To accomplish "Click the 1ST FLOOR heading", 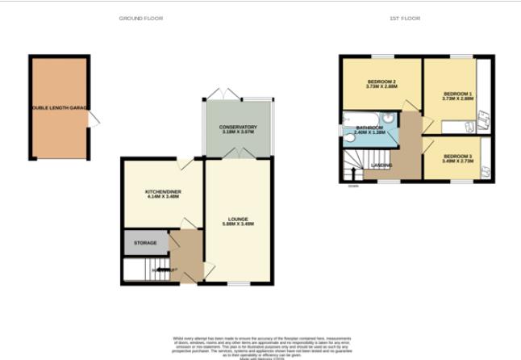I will [x=406, y=18].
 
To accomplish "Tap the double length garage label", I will [x=60, y=107].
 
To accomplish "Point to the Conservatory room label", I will [x=238, y=128].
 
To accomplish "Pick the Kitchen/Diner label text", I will [x=162, y=191].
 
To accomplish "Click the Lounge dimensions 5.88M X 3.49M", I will [x=238, y=224].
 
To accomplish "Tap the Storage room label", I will [x=145, y=242].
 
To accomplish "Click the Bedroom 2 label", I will [x=381, y=82].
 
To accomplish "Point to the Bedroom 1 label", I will [x=457, y=94].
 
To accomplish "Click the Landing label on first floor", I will [x=381, y=166].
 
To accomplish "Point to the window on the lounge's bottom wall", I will [x=238, y=284].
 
